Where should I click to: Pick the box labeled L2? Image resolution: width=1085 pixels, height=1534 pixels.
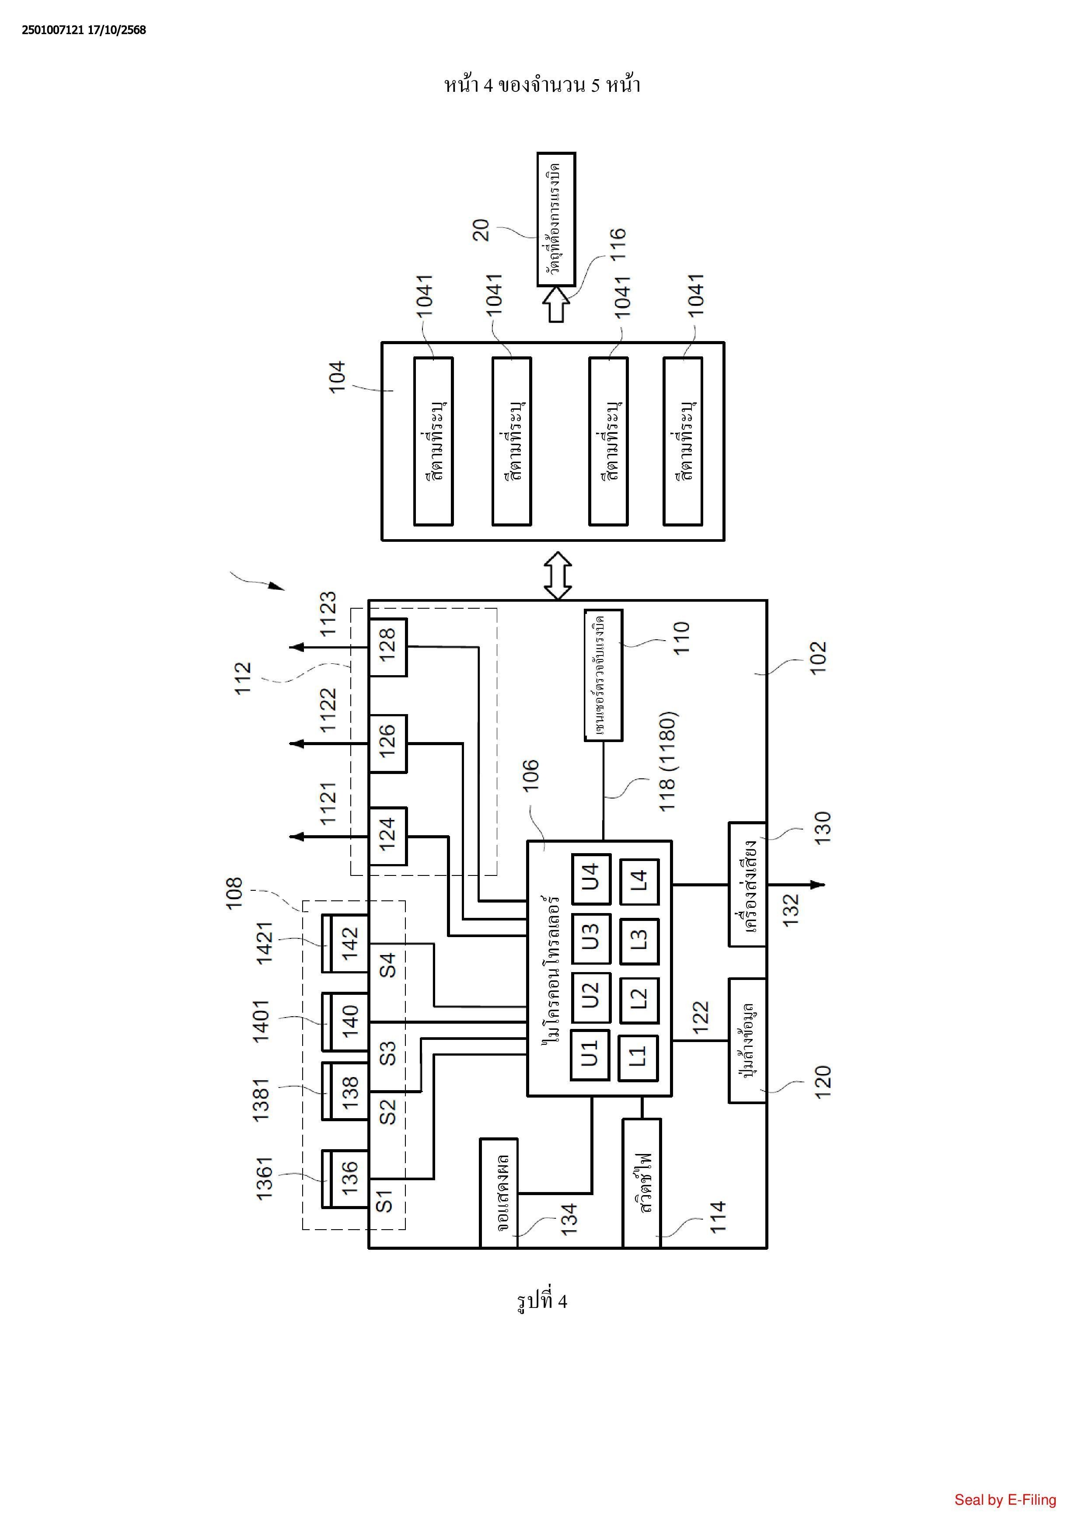click(x=639, y=1000)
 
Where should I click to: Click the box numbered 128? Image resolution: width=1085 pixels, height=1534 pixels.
click(x=387, y=647)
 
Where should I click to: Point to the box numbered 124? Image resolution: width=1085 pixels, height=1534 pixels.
click(x=387, y=836)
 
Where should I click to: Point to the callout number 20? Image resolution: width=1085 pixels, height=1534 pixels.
click(x=481, y=230)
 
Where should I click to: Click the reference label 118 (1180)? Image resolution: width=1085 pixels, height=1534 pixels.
click(x=668, y=762)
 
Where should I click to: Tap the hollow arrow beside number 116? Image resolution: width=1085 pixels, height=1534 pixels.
click(x=556, y=304)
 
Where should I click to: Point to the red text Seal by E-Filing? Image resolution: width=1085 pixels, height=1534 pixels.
click(x=1005, y=1500)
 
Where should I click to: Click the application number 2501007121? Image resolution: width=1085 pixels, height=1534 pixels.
click(x=52, y=30)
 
